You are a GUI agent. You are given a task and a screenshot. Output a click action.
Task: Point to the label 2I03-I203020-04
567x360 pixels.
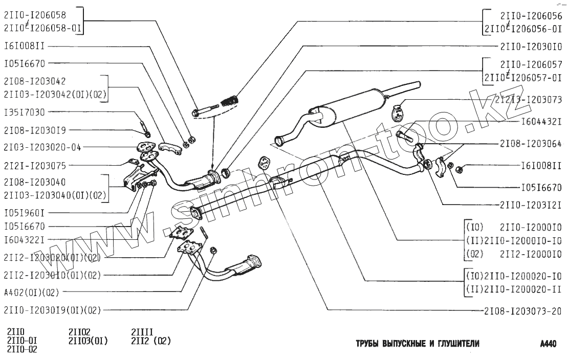pos(42,147)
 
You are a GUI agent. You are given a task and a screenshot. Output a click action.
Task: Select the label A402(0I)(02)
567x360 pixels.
pos(31,293)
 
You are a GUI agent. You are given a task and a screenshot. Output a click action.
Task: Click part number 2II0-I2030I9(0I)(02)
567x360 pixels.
pos(52,309)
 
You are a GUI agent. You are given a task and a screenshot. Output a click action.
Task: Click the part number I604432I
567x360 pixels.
pos(542,122)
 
